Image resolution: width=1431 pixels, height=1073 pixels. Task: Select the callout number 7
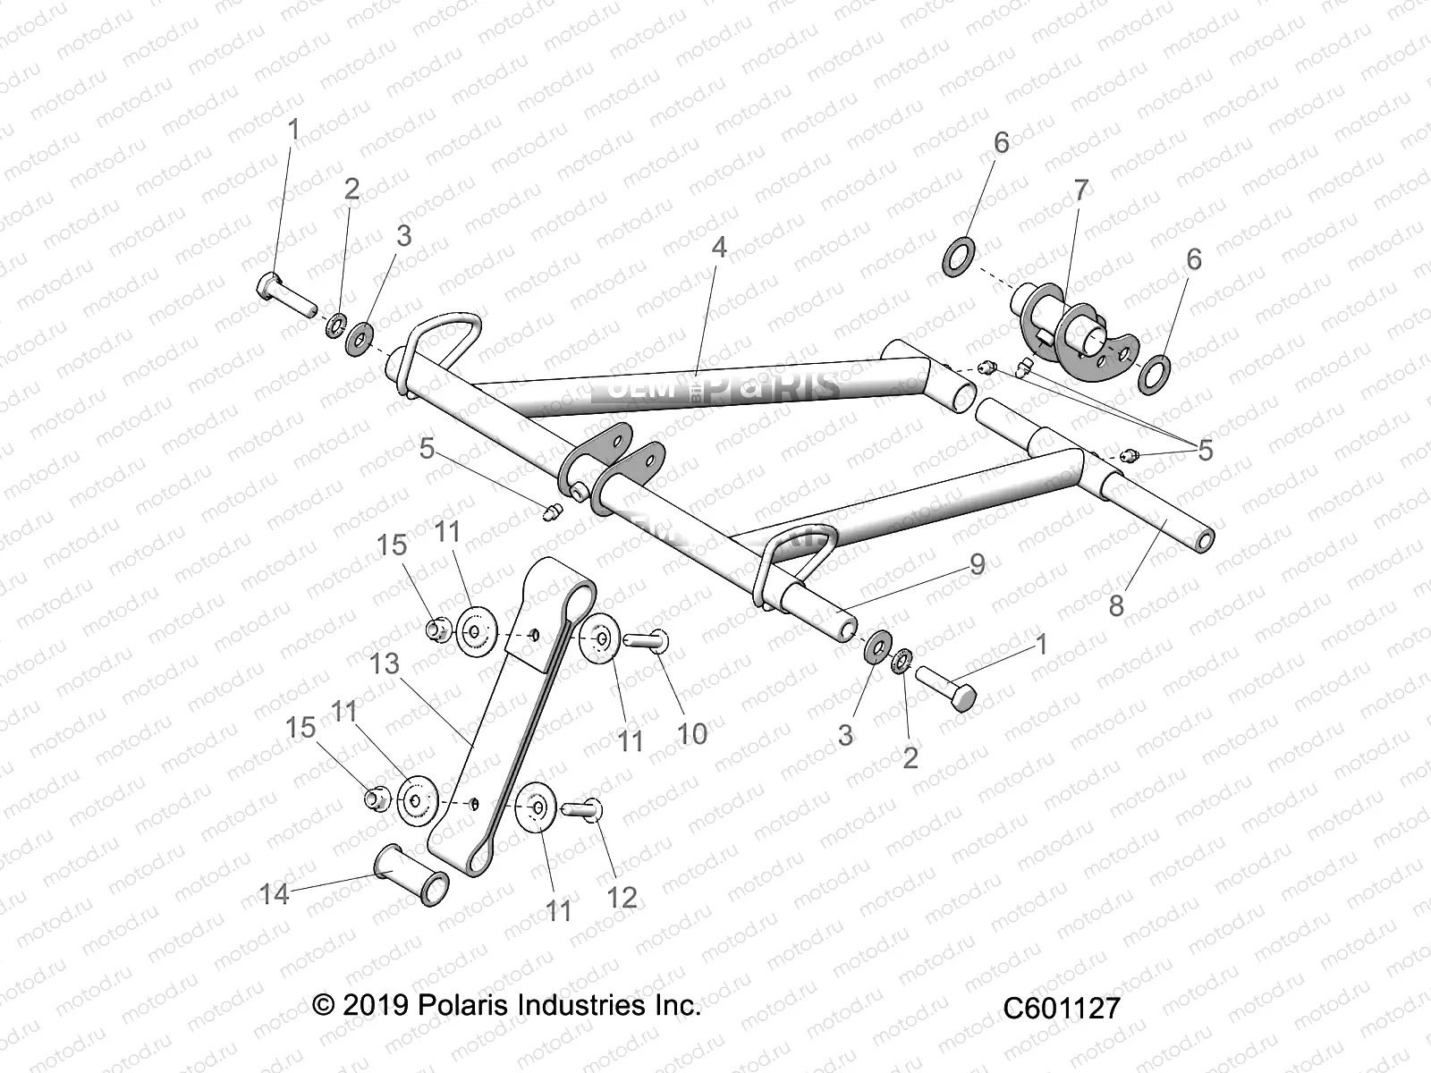[1080, 190]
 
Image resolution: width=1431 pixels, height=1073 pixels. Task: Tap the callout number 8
[1116, 605]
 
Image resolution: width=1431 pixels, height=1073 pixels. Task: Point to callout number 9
[977, 563]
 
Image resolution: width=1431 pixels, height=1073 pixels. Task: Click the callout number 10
[692, 733]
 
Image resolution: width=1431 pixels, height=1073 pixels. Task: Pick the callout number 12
[622, 897]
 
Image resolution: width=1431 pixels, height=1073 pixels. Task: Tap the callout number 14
[275, 892]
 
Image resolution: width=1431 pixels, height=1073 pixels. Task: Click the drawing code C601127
[1061, 1008]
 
